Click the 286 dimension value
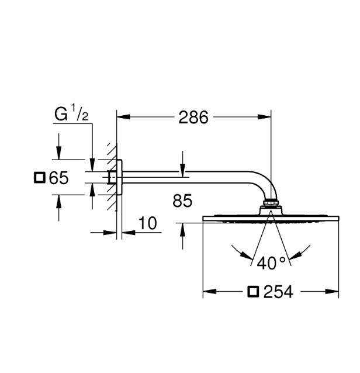pos(193,118)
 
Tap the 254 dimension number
pos(278,292)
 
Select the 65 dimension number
pos(58,178)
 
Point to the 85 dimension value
pos(182,201)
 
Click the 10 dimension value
pos(148,223)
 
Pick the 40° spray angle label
pos(271,263)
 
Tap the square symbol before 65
pos(40,178)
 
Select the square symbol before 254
pos(253,292)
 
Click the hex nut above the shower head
pos(271,203)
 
